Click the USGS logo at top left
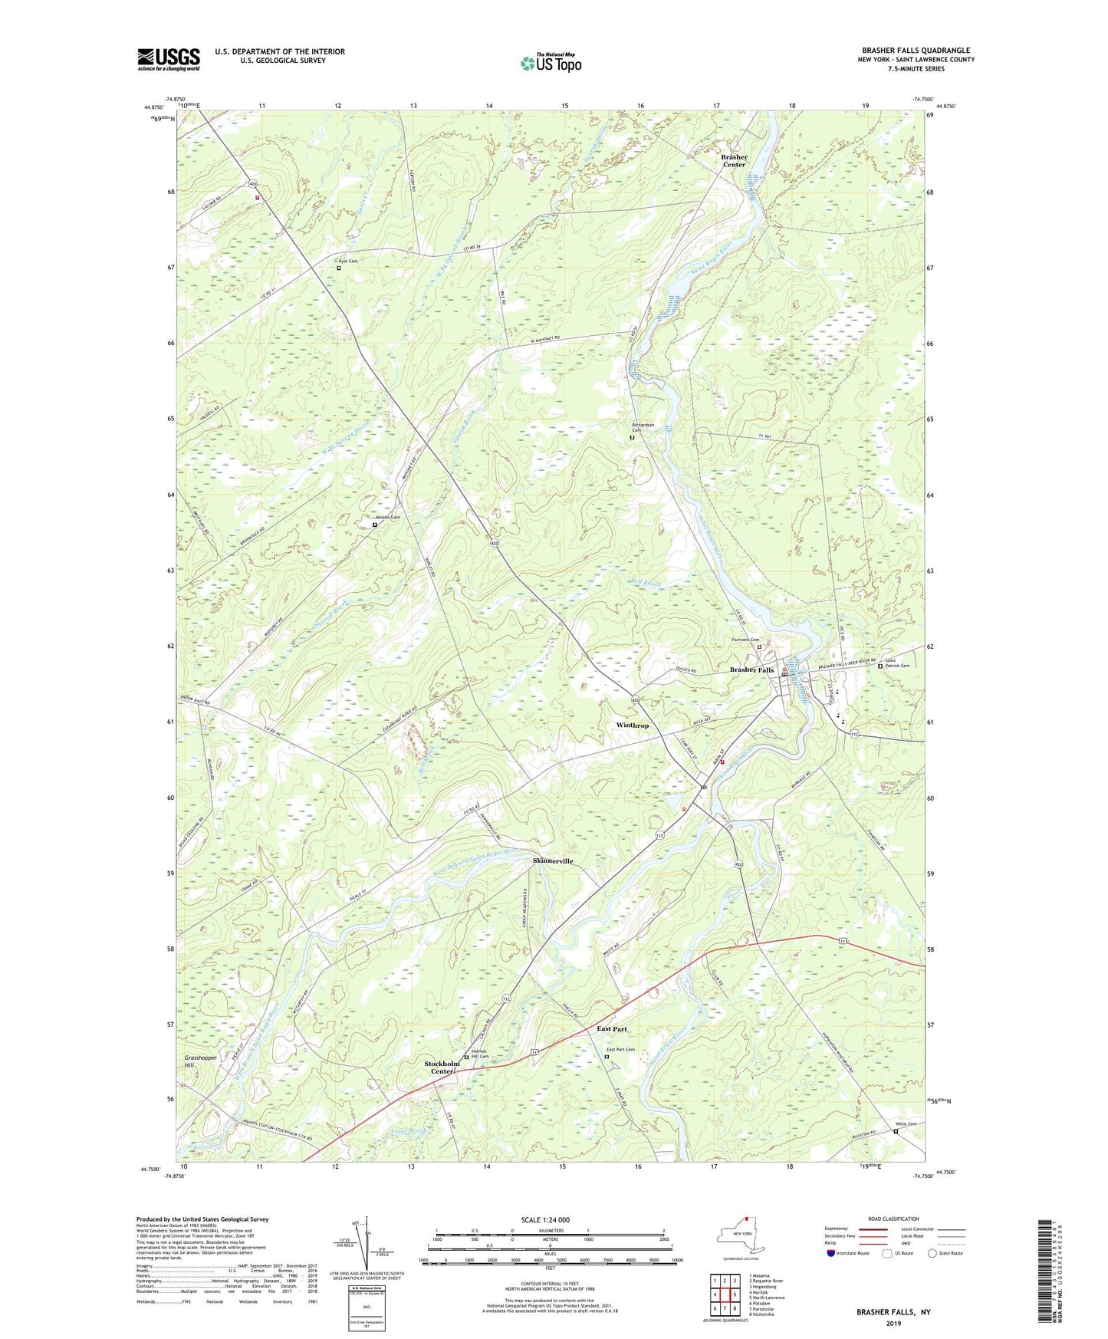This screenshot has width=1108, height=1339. click(169, 59)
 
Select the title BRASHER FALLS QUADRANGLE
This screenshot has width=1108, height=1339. click(916, 51)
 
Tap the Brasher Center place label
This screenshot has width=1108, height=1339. click(734, 160)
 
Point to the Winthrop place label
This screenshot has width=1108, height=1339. click(632, 725)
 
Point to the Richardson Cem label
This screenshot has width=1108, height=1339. click(643, 427)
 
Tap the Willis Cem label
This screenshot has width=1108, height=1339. click(906, 1124)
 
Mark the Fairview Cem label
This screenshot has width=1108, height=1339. click(745, 640)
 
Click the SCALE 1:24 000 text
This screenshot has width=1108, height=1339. click(545, 1220)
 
